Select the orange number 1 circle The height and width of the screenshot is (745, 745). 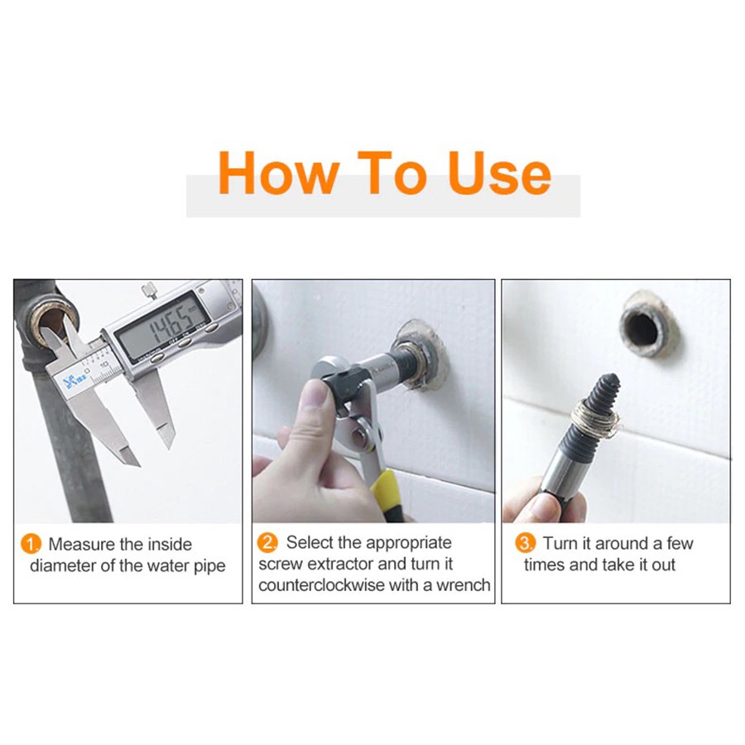(x=31, y=544)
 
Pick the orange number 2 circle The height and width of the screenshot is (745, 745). (x=267, y=542)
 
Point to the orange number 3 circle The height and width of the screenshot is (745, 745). (x=525, y=542)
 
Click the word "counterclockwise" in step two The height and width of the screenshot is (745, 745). (x=320, y=585)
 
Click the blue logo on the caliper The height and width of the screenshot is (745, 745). (x=70, y=379)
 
